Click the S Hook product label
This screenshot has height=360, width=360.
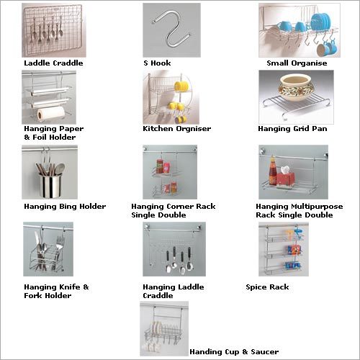coord(157,63)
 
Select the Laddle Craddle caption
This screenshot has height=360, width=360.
coord(53,63)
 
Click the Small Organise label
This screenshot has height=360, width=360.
coord(297,63)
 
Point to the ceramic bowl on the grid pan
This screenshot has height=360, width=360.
coord(297,88)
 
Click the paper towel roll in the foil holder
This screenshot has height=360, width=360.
coord(51,113)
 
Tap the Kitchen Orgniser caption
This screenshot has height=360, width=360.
coord(177,129)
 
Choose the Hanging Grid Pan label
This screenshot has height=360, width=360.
coord(292,129)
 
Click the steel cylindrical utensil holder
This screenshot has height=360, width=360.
coord(50,185)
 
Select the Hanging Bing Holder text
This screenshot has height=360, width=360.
coord(65,207)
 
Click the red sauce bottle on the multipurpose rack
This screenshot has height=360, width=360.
coord(272,171)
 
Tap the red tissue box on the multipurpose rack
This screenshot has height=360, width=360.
coord(286,177)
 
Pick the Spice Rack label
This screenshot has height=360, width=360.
coord(267,287)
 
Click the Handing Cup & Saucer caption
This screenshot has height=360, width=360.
coord(234,352)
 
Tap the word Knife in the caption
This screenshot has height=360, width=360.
coord(70,287)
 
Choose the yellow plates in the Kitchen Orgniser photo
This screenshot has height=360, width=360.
coord(181,86)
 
